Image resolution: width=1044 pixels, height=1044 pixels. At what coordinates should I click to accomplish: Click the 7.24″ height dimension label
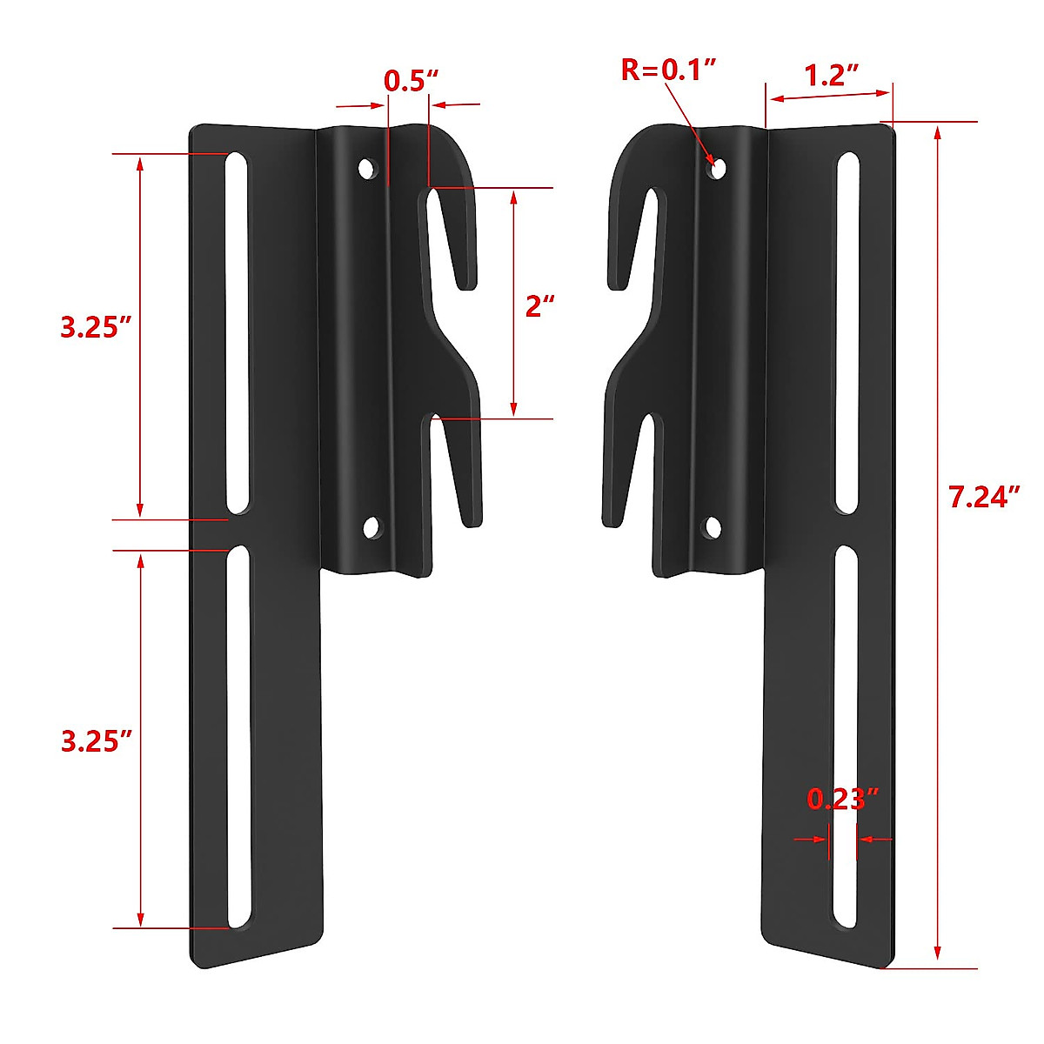[x=983, y=498]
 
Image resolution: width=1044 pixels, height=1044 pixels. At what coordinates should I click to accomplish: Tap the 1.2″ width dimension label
[x=831, y=76]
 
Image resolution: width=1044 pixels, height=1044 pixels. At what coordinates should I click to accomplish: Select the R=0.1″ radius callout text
[x=668, y=70]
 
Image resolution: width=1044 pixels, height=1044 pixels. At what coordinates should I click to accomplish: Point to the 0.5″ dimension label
[x=410, y=81]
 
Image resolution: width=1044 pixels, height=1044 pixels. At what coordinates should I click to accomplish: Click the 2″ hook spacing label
[x=539, y=306]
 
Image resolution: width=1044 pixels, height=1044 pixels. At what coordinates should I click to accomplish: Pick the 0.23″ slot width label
[x=842, y=799]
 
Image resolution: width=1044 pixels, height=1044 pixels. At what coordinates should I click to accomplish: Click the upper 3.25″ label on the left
[x=96, y=328]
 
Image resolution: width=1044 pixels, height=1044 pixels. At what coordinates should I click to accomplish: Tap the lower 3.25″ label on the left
[x=96, y=741]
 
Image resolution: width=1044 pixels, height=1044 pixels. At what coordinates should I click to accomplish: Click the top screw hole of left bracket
[x=368, y=168]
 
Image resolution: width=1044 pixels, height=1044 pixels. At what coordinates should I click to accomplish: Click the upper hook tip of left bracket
[x=467, y=280]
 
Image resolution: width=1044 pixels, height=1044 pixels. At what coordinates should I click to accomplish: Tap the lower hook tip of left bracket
[x=472, y=519]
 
